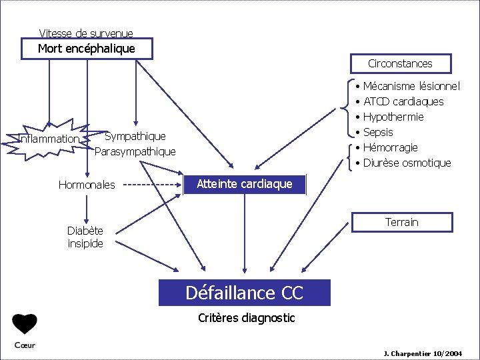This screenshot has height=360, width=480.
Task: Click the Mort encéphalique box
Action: (x=87, y=49)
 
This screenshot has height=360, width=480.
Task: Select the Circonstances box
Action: (x=400, y=63)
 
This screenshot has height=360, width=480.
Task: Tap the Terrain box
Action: (x=402, y=222)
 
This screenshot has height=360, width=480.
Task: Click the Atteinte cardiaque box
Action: (x=245, y=185)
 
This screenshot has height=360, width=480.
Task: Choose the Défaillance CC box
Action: (x=244, y=293)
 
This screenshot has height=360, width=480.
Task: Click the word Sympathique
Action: (x=135, y=137)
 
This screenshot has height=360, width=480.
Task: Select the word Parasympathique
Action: (x=135, y=151)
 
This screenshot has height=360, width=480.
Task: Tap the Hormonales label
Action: (x=87, y=185)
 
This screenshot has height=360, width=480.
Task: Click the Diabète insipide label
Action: (x=85, y=237)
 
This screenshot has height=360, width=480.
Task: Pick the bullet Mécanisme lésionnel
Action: (x=411, y=86)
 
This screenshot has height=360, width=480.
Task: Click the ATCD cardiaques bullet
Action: (x=403, y=101)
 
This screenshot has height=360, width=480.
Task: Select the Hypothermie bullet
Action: (x=393, y=117)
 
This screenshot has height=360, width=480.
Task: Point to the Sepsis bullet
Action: (x=378, y=132)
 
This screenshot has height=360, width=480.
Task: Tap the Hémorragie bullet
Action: (x=390, y=147)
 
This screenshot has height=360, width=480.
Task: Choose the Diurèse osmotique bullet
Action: (x=407, y=163)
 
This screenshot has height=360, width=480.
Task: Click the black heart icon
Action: (x=25, y=324)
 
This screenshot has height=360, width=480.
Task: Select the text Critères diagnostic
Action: (x=246, y=318)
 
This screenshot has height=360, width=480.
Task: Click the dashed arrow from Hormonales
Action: (x=153, y=185)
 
